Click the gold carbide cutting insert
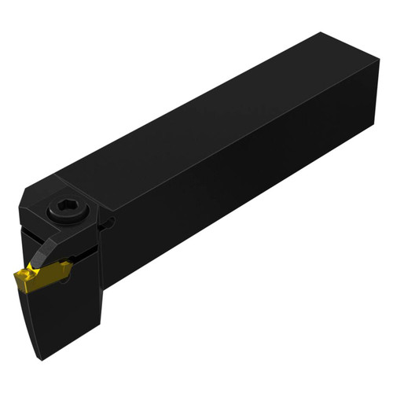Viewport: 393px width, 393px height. [37, 276]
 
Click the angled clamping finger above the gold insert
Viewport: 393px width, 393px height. [52, 249]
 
